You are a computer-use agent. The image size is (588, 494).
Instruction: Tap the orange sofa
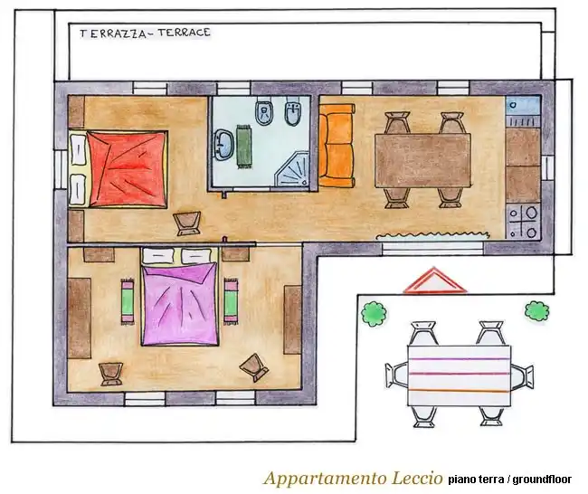tap(337, 146)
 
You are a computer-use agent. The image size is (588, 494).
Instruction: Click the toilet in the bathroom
tap(264, 110)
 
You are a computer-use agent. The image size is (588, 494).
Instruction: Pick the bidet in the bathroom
tap(294, 110)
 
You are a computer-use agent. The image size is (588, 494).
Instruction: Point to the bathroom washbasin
tap(224, 145)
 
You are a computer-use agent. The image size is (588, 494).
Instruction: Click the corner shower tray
tap(292, 169)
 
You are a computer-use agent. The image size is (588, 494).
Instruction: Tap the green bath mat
tap(244, 147)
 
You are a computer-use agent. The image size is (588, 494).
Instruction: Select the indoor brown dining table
tap(422, 160)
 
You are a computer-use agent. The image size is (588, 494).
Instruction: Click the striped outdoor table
tap(459, 375)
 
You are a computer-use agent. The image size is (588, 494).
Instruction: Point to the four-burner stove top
tap(523, 222)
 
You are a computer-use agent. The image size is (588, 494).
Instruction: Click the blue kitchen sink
tap(523, 106)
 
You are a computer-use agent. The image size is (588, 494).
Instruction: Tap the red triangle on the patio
tap(435, 281)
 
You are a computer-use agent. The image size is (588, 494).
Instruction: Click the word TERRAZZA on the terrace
tap(112, 33)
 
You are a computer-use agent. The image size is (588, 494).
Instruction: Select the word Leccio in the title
tap(417, 479)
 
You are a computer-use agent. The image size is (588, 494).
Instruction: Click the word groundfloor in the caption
tap(542, 480)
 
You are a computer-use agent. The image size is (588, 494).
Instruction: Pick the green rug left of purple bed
tap(128, 301)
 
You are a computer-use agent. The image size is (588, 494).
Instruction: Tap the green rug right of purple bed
tap(231, 301)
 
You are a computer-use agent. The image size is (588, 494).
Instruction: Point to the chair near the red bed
tap(186, 223)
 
